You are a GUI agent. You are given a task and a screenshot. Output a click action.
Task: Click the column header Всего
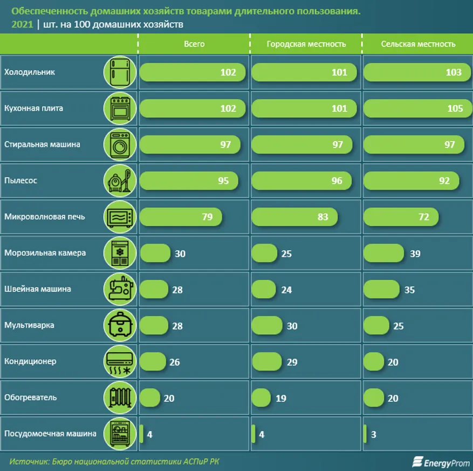coord(194,44)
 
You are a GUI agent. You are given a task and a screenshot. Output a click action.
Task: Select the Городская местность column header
coord(306,44)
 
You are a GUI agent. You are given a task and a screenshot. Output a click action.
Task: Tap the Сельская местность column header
coord(418,44)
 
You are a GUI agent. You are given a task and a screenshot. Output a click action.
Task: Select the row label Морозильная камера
coord(45,253)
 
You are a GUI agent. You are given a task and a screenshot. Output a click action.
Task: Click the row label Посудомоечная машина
coord(50,433)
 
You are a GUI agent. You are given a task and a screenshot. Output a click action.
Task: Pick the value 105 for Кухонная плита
coord(455,109)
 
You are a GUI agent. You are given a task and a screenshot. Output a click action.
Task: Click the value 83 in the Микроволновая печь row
coord(323,217)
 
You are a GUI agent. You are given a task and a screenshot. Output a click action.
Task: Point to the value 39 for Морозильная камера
coord(415,253)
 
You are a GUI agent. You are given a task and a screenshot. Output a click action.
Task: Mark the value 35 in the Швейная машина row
coord(409,290)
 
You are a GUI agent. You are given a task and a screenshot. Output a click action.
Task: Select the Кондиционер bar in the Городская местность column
coord(267,361)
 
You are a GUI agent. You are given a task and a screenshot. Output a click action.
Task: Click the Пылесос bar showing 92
coord(412,181)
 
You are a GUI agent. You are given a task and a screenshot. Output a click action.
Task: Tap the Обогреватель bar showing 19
coord(261,398)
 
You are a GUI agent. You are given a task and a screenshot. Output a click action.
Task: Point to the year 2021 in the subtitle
coord(22,25)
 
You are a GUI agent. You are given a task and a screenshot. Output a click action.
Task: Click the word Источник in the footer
coord(26,461)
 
